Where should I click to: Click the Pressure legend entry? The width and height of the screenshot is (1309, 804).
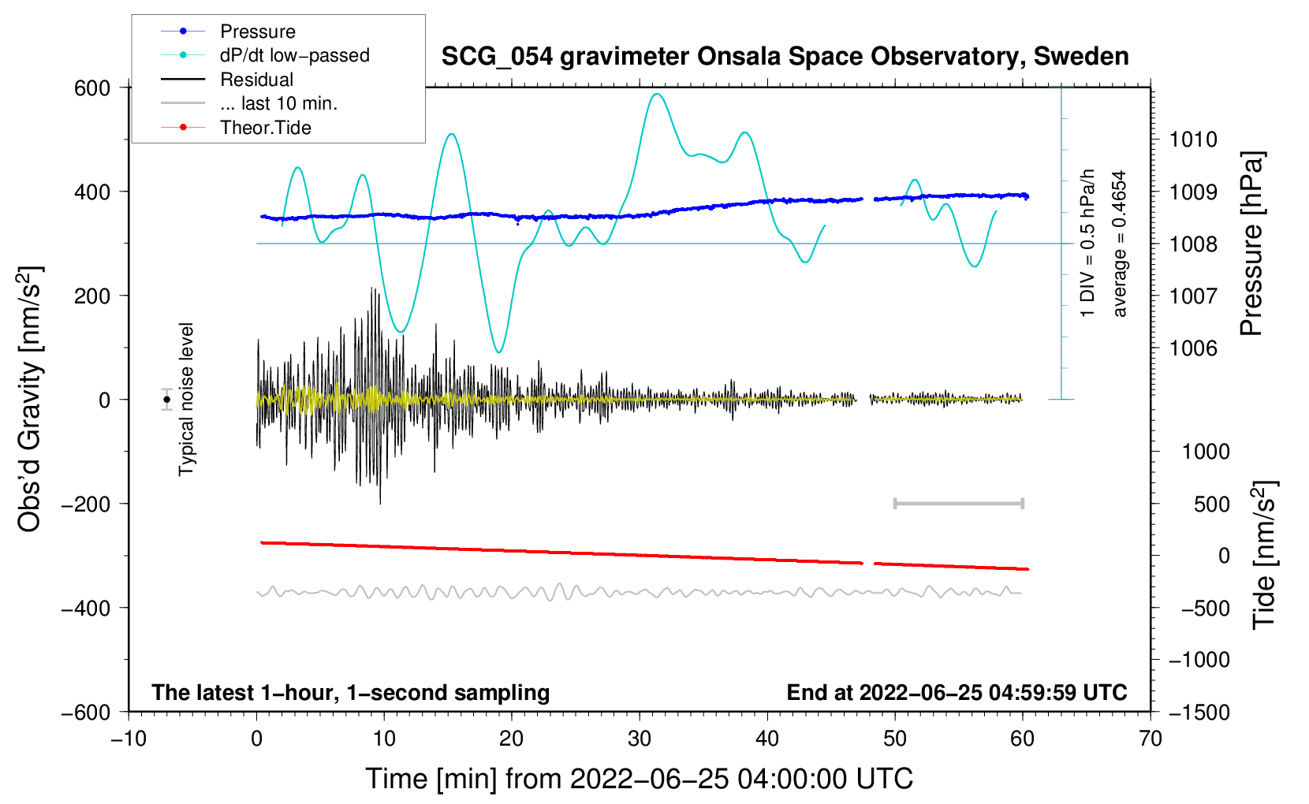point(257,32)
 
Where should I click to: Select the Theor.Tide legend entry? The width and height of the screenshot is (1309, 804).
point(265,128)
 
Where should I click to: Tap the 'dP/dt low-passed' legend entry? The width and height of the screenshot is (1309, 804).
point(294,55)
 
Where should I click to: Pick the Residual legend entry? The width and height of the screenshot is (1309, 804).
point(256,80)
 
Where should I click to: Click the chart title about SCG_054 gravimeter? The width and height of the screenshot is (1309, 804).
point(785,57)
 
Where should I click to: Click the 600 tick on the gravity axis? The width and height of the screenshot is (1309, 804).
point(92,88)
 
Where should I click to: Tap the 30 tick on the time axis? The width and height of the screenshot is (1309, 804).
point(640,739)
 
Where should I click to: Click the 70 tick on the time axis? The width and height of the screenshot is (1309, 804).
point(1151,739)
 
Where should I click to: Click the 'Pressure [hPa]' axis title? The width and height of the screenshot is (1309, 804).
point(1252,244)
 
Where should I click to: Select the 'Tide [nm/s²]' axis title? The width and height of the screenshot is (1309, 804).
point(1264,555)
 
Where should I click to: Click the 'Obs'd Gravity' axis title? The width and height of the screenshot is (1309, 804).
point(30,400)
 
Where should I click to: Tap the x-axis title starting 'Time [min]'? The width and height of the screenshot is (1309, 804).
point(639,779)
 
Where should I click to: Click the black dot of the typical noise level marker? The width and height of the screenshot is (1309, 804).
point(167,400)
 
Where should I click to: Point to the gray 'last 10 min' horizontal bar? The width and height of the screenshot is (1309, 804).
point(958,503)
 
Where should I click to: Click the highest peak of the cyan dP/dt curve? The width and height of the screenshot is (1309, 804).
point(657,94)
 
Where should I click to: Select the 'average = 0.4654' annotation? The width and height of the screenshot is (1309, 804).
point(1120,244)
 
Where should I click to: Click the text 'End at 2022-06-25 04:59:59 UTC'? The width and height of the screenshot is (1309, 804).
point(957,692)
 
